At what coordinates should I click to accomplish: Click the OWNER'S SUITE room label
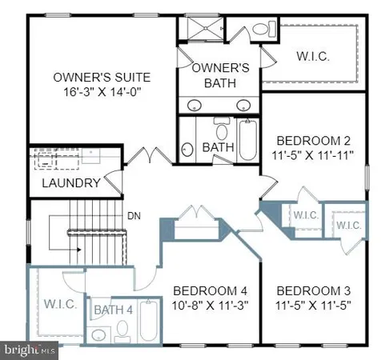(102, 78)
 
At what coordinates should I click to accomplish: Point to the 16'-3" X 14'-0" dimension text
(102, 92)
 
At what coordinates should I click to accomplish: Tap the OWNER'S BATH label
(216, 76)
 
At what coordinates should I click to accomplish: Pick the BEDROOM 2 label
(309, 139)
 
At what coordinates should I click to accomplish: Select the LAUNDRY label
(71, 183)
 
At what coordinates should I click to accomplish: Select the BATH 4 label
(114, 310)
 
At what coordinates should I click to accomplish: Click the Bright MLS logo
(30, 350)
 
